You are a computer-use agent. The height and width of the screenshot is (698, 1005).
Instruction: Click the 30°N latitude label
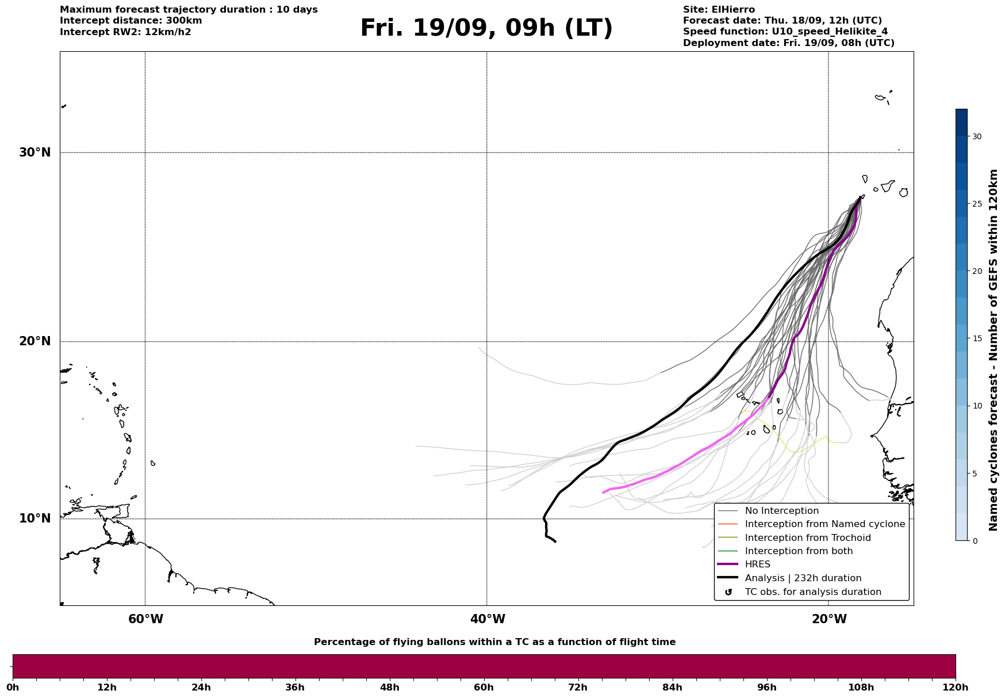coord(34,152)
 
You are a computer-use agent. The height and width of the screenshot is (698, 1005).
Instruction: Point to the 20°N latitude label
coord(34,341)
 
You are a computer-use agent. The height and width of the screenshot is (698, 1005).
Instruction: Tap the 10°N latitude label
coord(34,518)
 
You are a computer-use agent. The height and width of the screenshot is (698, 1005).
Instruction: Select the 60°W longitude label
coord(145,619)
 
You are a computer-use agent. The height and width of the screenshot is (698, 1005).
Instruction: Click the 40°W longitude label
coord(488,619)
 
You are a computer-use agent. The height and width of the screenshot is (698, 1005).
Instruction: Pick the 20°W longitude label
coord(829,619)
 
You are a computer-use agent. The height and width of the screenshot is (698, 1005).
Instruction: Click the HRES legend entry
coord(757,564)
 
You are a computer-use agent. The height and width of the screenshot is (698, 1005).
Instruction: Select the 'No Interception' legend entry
coord(781,511)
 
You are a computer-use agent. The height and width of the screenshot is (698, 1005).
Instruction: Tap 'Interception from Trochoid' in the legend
coord(807,538)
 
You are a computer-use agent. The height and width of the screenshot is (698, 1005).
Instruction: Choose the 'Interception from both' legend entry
coord(799,551)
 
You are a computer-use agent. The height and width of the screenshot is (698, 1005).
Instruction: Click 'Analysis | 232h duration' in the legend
coord(803,578)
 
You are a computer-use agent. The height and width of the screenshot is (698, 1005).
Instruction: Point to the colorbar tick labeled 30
coord(977,136)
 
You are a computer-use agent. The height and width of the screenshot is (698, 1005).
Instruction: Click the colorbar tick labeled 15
coord(977,338)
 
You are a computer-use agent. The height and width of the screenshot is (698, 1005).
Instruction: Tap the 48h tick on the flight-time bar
coord(389,687)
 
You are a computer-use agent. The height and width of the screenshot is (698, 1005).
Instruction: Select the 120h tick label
coord(954,687)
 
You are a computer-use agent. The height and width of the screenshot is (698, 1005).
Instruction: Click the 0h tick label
coord(13,687)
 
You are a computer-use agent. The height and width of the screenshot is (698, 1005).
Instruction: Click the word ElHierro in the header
coord(734,10)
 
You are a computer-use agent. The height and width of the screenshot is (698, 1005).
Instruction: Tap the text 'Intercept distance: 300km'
coord(131,21)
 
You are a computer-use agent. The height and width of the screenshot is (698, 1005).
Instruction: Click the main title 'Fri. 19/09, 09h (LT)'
coord(486,28)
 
